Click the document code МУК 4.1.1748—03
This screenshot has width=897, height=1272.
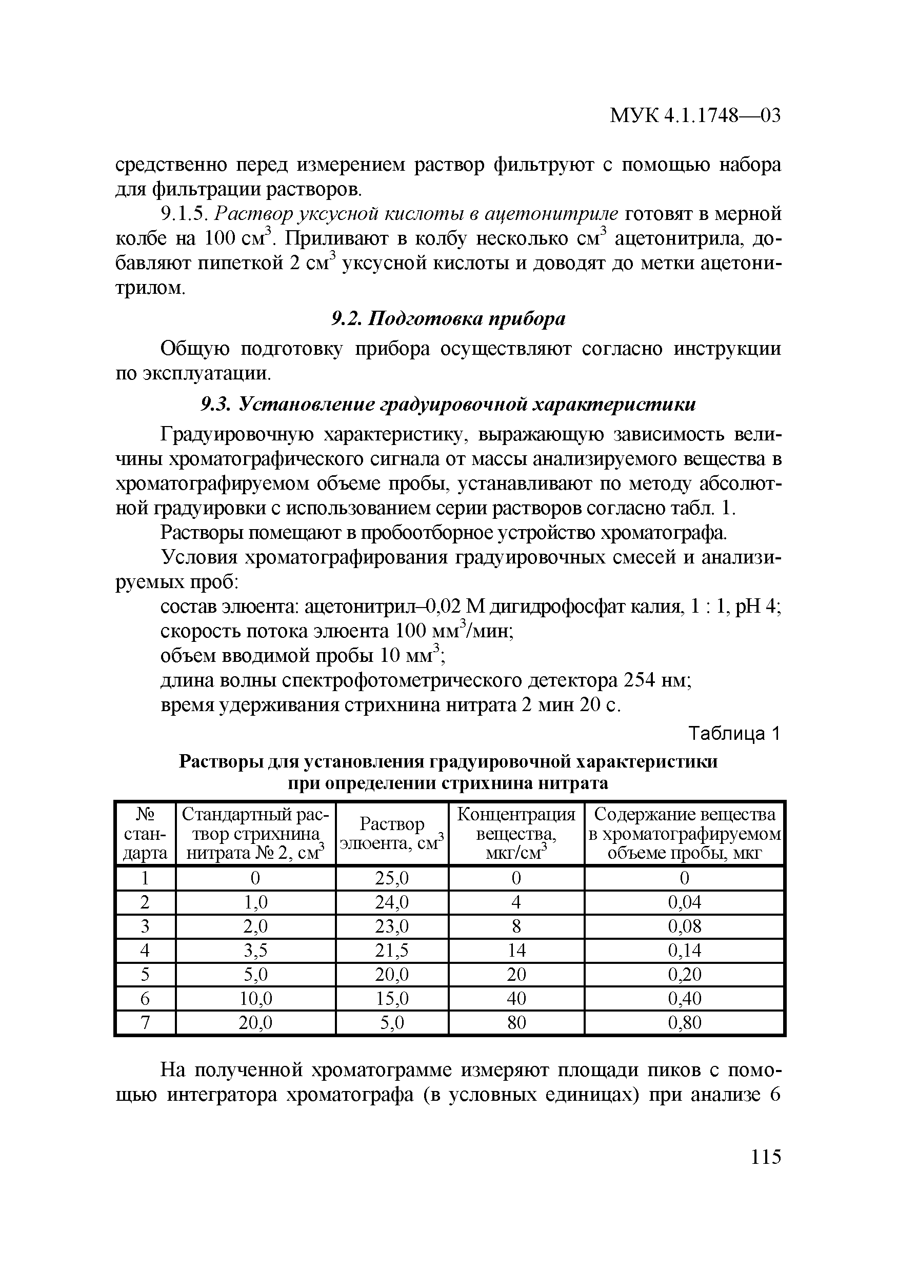click(695, 115)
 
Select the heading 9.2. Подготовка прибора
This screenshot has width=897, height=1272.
click(448, 319)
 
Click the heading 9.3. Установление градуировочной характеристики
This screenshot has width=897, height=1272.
click(448, 405)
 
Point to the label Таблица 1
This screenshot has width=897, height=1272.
click(734, 734)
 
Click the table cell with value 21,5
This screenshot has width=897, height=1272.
click(392, 951)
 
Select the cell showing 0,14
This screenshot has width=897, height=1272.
click(684, 951)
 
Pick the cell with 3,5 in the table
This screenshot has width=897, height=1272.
click(255, 951)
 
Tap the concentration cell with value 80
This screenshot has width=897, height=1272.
click(516, 1022)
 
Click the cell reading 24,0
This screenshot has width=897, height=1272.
click(392, 902)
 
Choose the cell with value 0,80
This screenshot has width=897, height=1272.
click(684, 1022)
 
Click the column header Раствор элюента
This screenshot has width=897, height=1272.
click(392, 833)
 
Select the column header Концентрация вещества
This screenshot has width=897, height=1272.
click(516, 833)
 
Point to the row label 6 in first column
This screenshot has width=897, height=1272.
click(145, 998)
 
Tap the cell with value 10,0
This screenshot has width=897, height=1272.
click(255, 998)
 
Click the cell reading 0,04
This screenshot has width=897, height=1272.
click(684, 902)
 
